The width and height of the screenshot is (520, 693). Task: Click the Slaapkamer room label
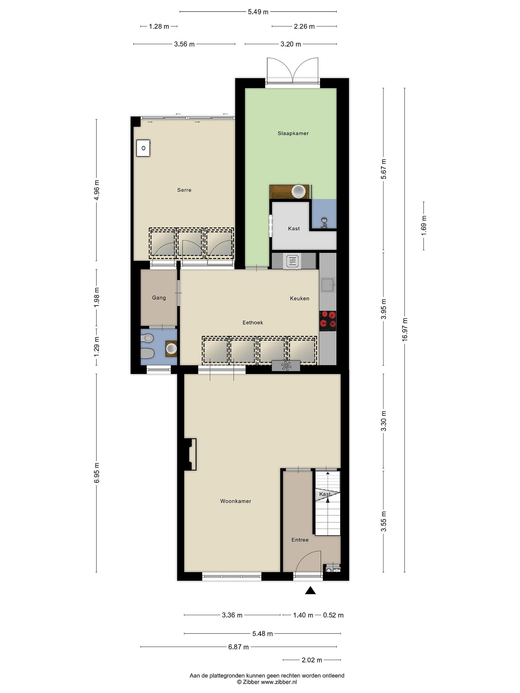(293, 134)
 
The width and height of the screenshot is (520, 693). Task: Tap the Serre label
(184, 190)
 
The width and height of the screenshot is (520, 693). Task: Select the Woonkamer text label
(236, 501)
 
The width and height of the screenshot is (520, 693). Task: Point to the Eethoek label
(253, 323)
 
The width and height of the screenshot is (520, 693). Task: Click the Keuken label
(300, 299)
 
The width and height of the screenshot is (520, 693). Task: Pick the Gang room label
(159, 298)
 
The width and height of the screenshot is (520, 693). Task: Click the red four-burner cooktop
(328, 321)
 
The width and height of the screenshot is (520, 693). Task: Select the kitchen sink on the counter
(328, 285)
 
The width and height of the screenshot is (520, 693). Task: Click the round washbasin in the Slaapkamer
(298, 192)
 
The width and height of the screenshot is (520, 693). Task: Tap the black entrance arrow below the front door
(310, 590)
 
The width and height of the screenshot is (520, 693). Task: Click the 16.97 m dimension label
(405, 329)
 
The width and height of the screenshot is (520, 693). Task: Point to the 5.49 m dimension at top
(258, 12)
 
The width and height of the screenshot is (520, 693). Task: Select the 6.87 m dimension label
(239, 647)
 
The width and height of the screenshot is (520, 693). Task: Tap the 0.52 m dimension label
(333, 615)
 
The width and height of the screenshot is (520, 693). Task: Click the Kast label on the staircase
(325, 494)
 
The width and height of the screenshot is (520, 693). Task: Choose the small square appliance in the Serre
(143, 148)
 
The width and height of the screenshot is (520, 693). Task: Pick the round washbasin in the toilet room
(171, 348)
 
